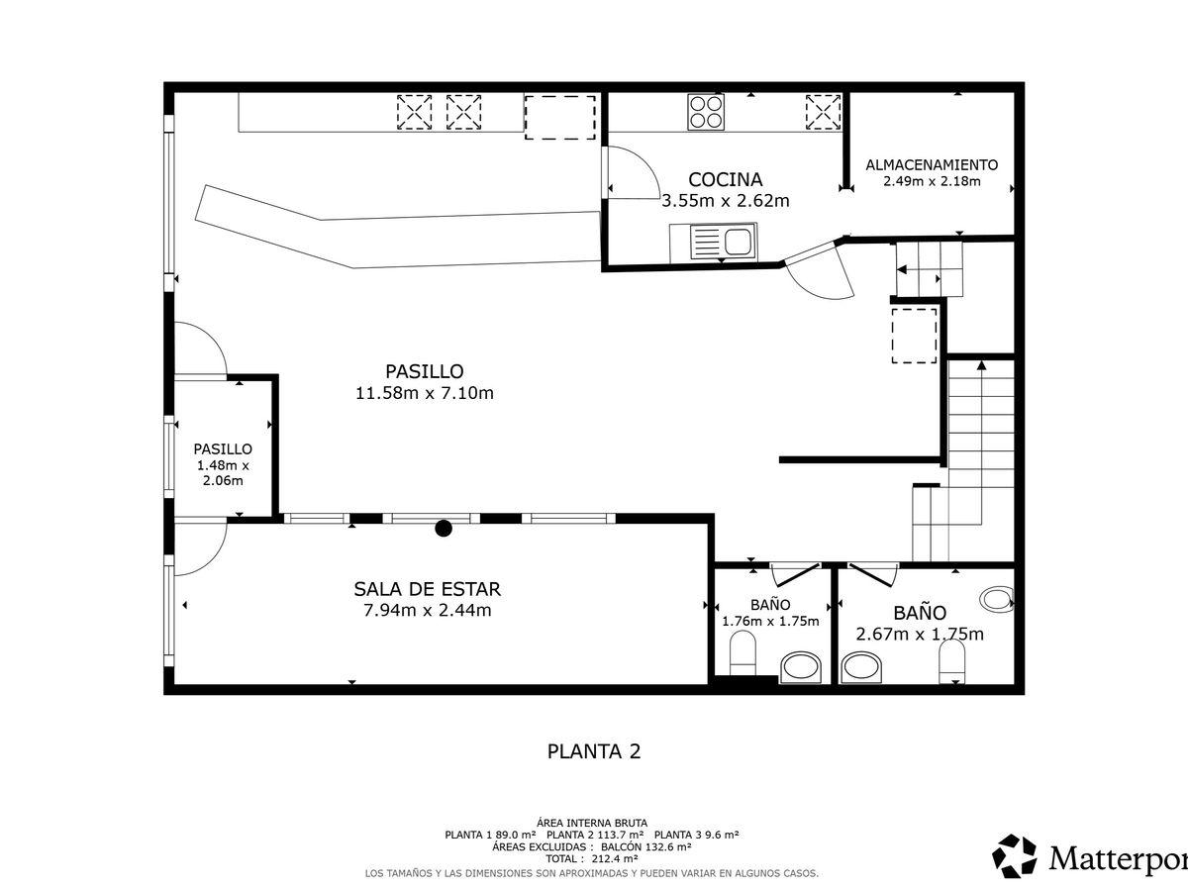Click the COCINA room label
point(726,179)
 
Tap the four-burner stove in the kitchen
point(706,112)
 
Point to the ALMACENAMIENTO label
point(932,164)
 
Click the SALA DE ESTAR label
point(427,589)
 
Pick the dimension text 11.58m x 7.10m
point(425,393)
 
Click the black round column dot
point(444,529)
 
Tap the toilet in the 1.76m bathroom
point(742,653)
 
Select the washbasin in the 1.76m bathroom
point(801,667)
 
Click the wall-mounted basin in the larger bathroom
point(997,599)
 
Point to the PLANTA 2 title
point(594,751)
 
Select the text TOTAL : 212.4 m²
point(592,858)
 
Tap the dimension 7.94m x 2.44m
point(427,610)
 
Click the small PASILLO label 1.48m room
point(223,449)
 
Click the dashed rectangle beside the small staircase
point(914,336)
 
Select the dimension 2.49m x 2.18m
point(932,181)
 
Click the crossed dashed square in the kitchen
point(823,112)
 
